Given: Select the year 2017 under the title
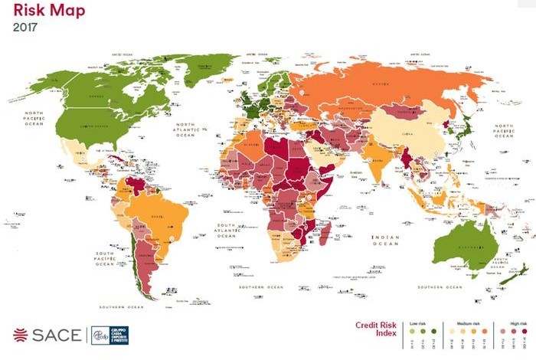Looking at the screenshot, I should [25, 28].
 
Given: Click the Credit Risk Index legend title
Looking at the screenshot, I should [377, 329].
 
